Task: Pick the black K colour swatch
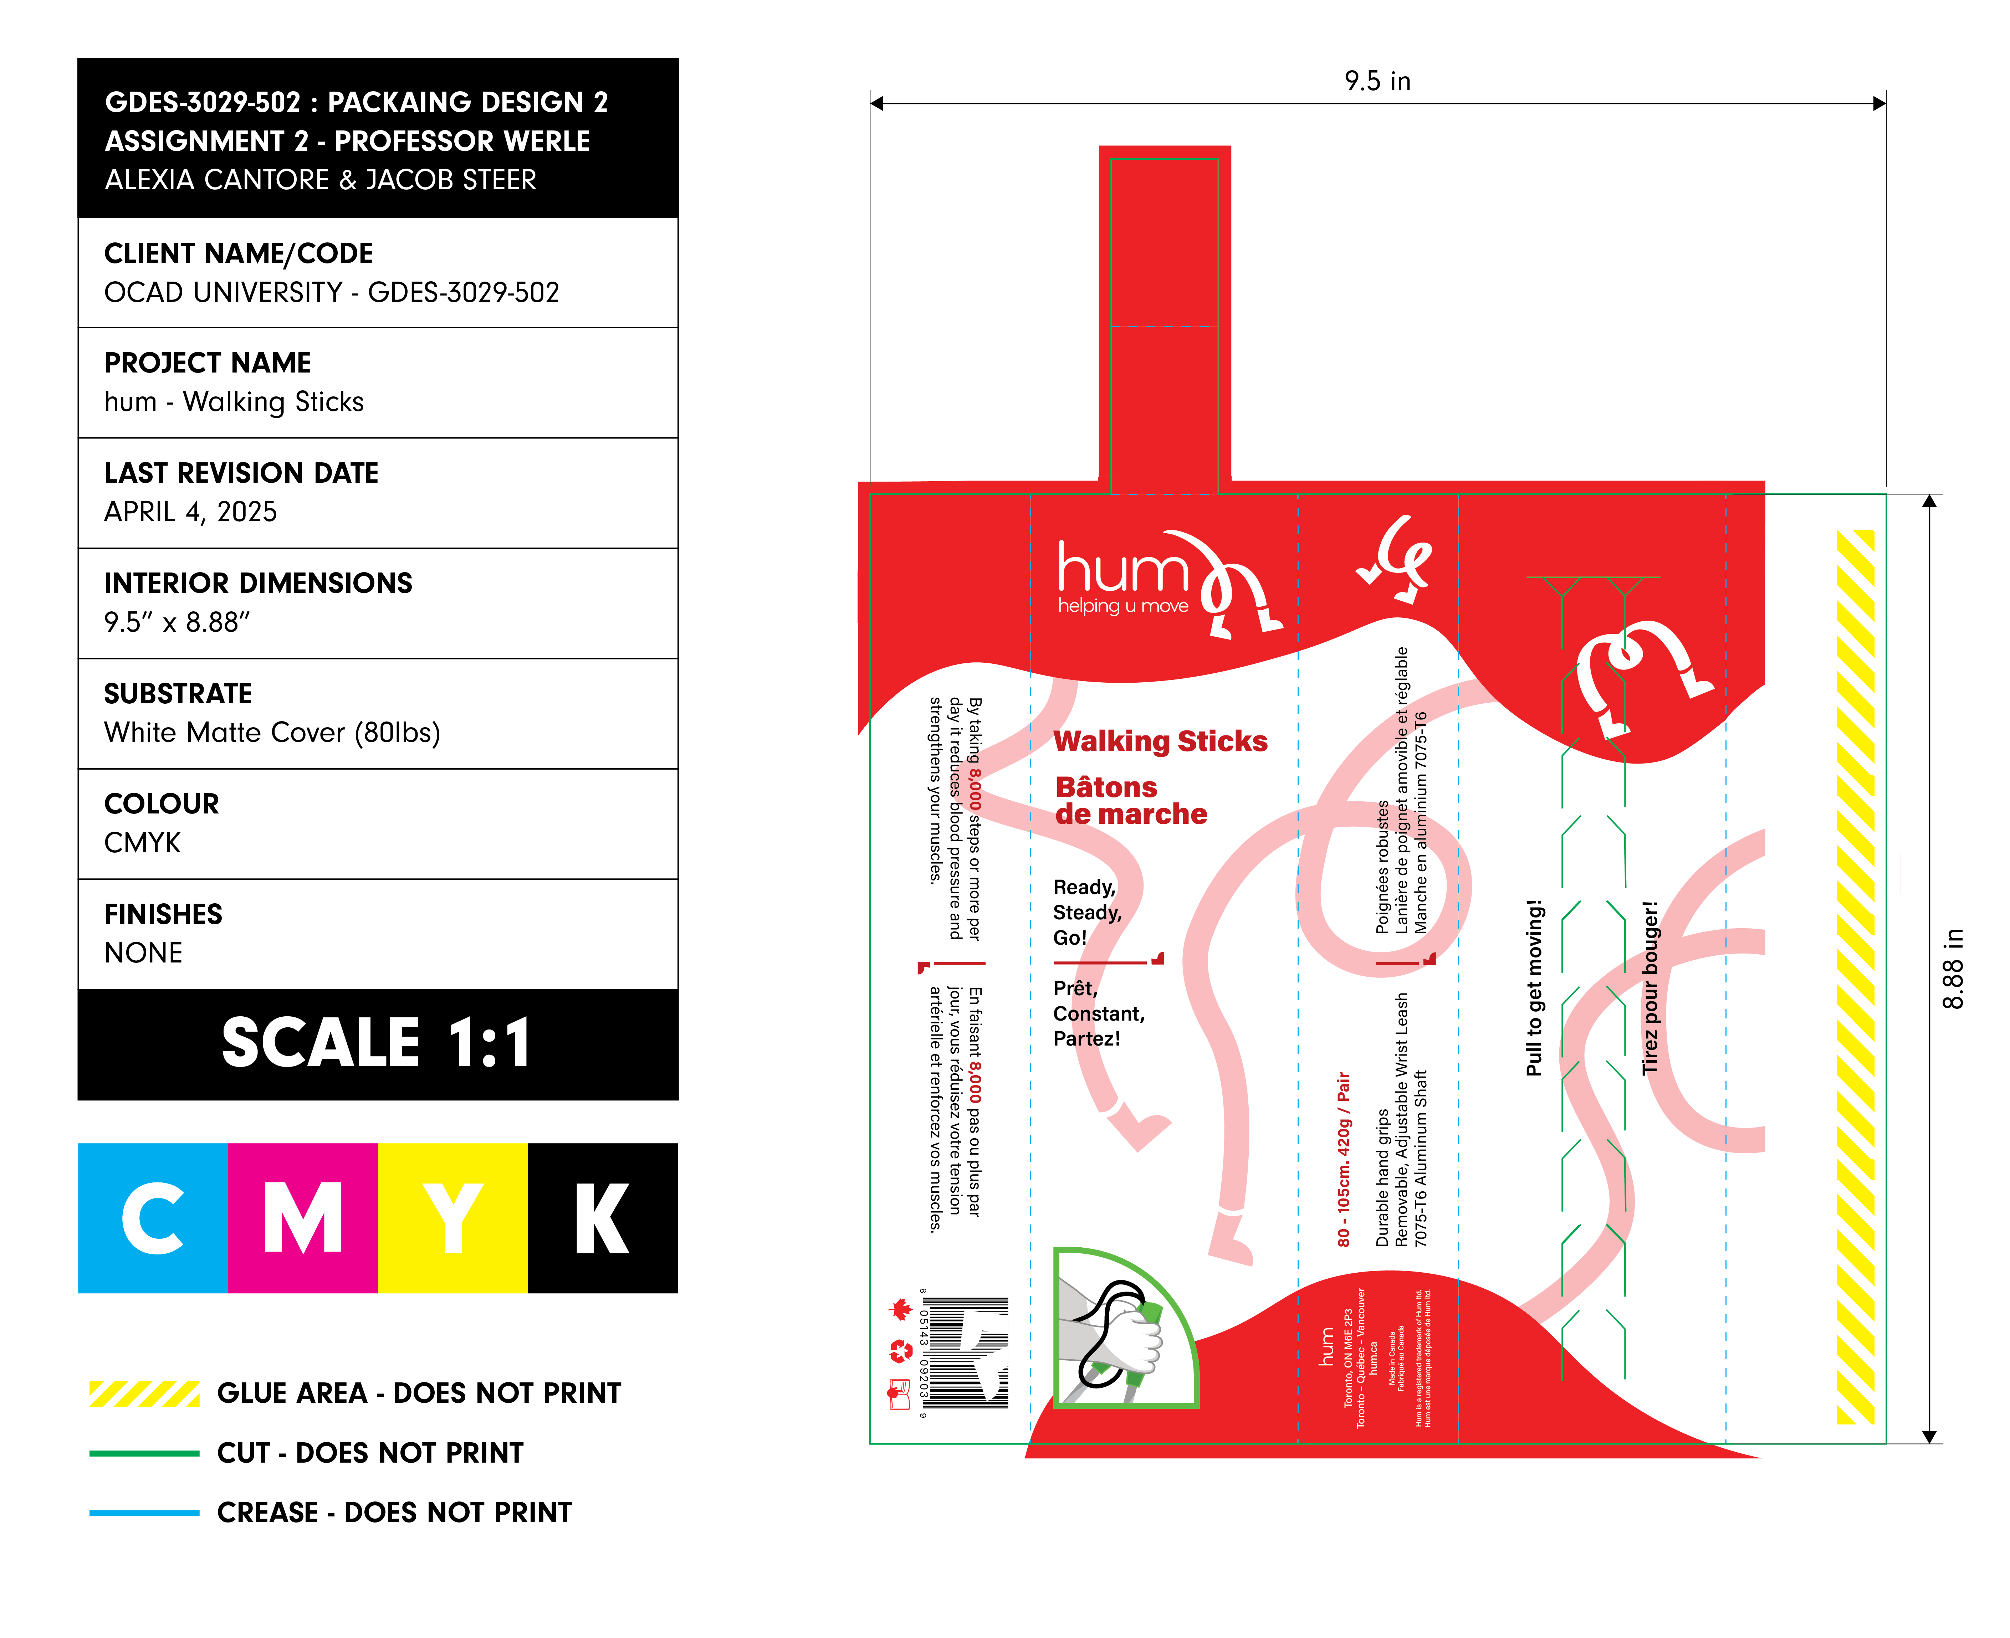click(602, 1217)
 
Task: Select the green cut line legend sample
click(144, 1453)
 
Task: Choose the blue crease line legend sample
click(144, 1513)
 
